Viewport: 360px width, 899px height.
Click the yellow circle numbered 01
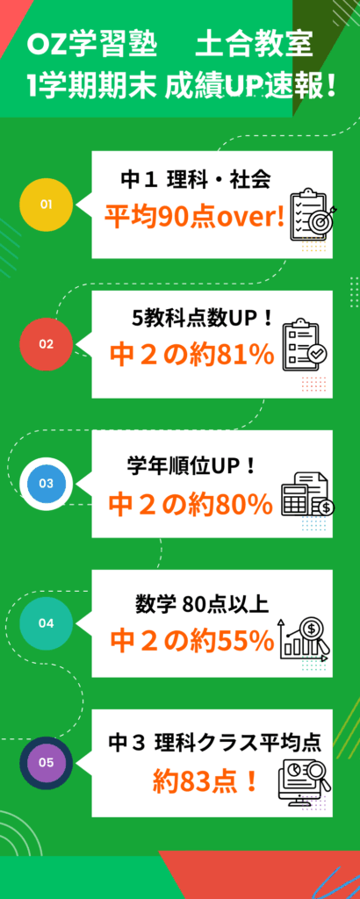pos(46,205)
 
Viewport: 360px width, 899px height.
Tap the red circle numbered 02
pos(46,344)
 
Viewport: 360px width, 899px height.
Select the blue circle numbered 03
pos(46,484)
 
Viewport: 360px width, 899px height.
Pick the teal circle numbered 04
pos(46,623)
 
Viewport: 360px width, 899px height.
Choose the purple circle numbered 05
pos(46,763)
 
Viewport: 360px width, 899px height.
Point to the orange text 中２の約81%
pos(192,356)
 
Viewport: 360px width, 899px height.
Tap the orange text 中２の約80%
pos(191,504)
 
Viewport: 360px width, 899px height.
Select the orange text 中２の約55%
pos(192,642)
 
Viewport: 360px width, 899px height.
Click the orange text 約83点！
pos(205,780)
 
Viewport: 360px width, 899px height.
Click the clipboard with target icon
pos(313,214)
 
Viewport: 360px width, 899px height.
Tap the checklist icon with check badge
pos(305,343)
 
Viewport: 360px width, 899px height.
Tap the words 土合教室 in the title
pos(255,47)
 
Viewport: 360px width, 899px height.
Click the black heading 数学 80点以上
pos(202,604)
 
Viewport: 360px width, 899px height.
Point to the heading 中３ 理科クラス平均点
pos(214,743)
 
